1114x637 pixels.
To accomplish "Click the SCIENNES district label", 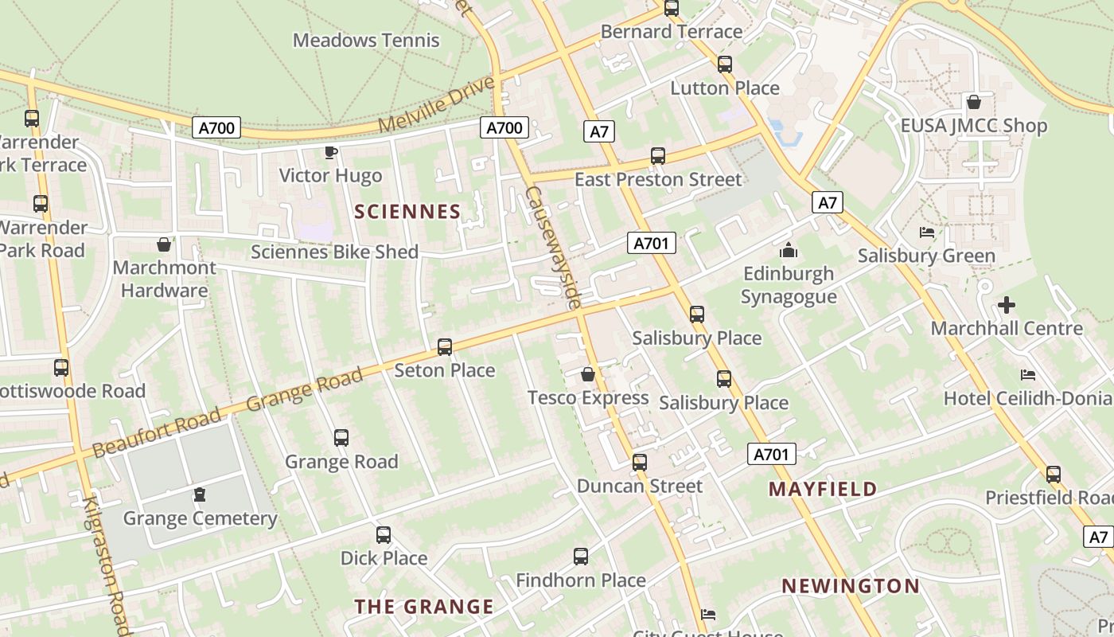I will (407, 211).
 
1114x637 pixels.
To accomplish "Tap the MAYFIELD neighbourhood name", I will (823, 489).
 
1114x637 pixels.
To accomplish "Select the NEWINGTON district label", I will (851, 586).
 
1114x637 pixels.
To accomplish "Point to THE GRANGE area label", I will (424, 607).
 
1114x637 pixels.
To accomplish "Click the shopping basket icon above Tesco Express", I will (588, 373).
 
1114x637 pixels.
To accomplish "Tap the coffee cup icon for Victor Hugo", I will (331, 152).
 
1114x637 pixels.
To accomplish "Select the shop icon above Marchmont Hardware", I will (164, 244).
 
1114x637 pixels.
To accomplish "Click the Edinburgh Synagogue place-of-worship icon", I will (789, 251).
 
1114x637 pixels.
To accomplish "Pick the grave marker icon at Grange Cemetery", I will (200, 495).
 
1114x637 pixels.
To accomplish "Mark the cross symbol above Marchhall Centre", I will (1007, 305).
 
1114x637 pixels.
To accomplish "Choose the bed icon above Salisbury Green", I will (927, 233).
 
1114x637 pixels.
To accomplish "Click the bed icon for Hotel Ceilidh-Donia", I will (1028, 374).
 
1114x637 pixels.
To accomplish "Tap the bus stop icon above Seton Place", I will (445, 347).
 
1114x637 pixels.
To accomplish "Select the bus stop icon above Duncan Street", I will (640, 463).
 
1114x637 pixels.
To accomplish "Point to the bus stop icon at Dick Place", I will (384, 535).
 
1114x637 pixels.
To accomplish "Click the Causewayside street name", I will (552, 248).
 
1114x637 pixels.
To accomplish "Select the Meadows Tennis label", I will (366, 40).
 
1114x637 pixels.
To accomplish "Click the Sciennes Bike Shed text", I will (334, 252).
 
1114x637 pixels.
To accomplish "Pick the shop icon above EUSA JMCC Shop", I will (974, 102).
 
